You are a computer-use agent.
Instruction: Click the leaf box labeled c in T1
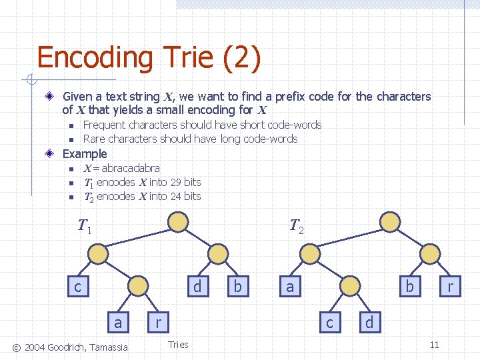click(x=77, y=286)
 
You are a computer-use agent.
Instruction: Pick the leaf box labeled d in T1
click(x=197, y=286)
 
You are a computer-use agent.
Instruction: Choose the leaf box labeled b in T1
click(x=237, y=286)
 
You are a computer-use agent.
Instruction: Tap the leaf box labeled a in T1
click(x=118, y=322)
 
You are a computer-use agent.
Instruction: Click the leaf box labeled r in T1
click(x=158, y=322)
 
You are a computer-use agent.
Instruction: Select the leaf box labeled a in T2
click(x=289, y=286)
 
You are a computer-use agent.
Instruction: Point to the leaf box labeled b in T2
click(x=409, y=286)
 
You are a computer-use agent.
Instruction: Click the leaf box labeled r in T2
click(x=450, y=286)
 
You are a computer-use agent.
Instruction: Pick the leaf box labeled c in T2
click(x=329, y=322)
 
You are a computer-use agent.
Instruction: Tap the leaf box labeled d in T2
click(x=369, y=322)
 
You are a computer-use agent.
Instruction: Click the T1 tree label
click(x=85, y=227)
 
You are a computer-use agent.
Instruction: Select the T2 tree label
click(x=297, y=227)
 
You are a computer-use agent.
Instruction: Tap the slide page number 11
click(x=434, y=345)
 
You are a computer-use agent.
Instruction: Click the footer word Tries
click(x=178, y=345)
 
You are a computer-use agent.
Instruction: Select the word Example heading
click(x=85, y=153)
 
